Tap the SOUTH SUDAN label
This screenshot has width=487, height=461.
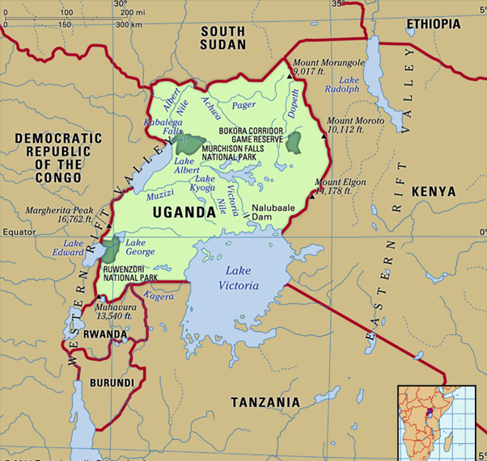tap(223, 38)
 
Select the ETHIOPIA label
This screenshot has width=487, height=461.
tap(434, 24)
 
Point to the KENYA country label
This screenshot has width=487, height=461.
tap(434, 191)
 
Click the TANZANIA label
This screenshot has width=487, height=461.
tap(265, 402)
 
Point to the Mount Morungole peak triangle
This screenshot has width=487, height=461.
tap(290, 76)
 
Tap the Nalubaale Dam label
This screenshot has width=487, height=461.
tap(273, 212)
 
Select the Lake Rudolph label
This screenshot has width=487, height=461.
tap(349, 84)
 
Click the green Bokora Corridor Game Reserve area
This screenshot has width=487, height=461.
tap(294, 143)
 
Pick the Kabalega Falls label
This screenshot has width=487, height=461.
tap(163, 126)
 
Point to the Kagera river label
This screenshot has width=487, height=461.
tap(158, 296)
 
